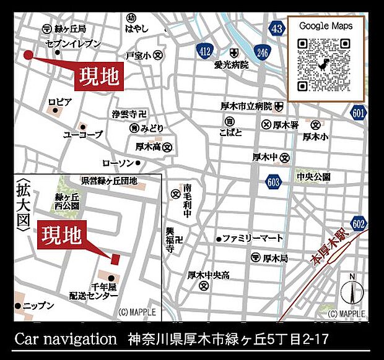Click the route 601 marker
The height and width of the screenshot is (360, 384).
point(358,113)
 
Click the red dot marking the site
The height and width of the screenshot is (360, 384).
point(28,55)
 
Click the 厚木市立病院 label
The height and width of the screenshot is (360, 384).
point(247,106)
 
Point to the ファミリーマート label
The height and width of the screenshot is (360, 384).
point(253,238)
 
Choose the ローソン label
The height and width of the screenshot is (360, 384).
point(118,163)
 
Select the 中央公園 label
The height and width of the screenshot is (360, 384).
point(313,177)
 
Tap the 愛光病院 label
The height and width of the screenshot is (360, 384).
point(232,64)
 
